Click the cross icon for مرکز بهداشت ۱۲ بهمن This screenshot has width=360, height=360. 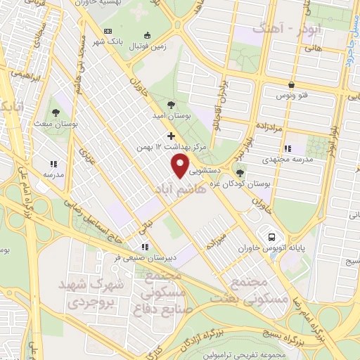click(170, 135)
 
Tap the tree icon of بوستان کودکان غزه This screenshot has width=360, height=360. click(240, 173)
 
